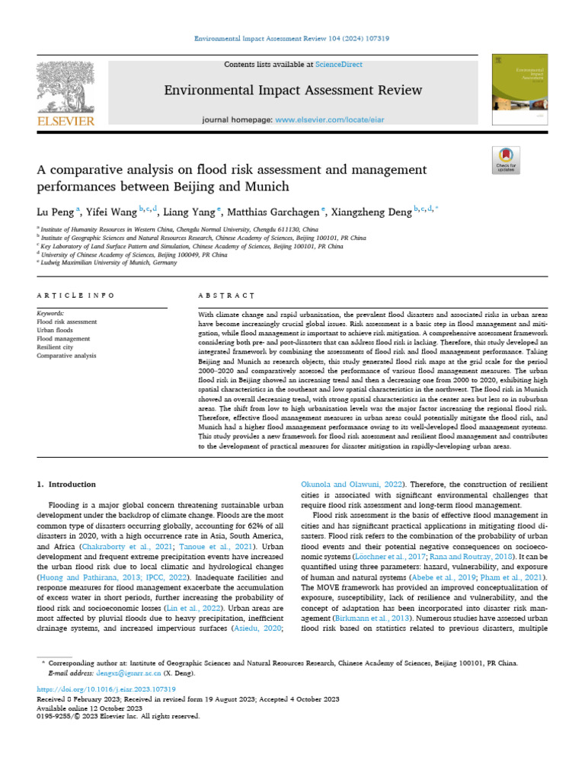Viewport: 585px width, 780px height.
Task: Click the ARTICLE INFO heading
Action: point(75,295)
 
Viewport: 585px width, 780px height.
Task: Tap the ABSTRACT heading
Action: point(225,295)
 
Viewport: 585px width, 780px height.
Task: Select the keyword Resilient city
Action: point(57,347)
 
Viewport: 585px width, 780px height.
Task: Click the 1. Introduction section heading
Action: point(67,484)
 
